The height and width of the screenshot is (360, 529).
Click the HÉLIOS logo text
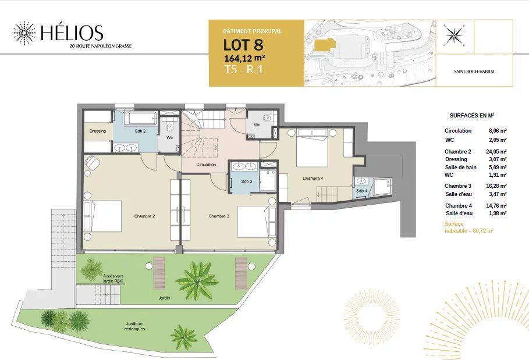coord(72,32)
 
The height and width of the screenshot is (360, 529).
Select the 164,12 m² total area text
coord(245,58)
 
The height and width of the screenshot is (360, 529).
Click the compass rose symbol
coord(452,35)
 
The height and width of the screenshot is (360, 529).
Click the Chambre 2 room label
coord(144,216)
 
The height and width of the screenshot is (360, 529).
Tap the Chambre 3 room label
coord(219,216)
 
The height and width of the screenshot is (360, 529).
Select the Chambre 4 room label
coord(312,179)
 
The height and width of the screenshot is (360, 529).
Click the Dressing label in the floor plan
coord(98,131)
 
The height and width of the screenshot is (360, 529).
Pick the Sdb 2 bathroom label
coord(140,131)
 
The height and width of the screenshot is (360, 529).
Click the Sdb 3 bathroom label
coord(246,181)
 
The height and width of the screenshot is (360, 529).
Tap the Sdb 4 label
coord(361,191)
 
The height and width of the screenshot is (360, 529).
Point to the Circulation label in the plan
coord(206,165)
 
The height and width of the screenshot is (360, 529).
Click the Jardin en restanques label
coord(134,326)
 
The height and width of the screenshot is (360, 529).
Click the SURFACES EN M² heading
coord(471,116)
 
